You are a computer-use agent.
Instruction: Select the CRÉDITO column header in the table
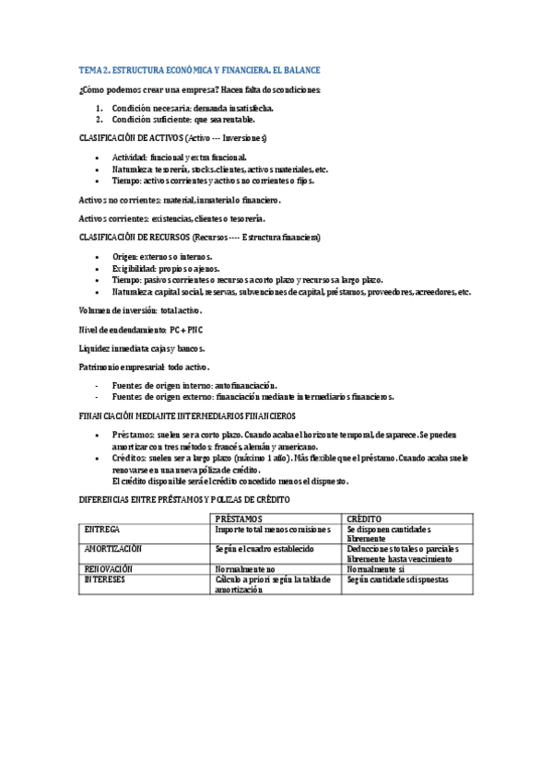(365, 519)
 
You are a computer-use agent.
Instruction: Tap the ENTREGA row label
(102, 530)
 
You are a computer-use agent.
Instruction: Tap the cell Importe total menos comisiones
(272, 530)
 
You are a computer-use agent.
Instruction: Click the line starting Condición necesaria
(193, 108)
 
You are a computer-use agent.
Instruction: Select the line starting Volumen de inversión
(140, 310)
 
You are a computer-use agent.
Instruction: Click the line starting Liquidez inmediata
(142, 348)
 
